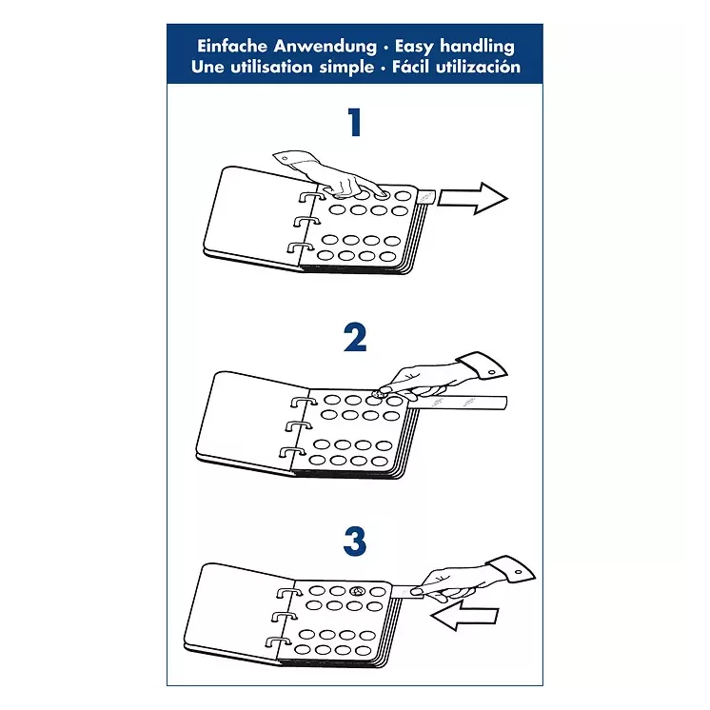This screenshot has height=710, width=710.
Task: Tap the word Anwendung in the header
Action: pos(325,47)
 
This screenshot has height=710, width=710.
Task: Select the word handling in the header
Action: pos(477,47)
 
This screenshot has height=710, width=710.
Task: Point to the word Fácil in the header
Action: pos(411,67)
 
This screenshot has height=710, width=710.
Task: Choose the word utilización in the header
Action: pos(478,67)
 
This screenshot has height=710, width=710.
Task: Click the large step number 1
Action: pos(355,122)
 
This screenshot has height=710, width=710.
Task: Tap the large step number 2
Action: pos(355,337)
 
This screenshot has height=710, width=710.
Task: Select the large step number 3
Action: pos(355,542)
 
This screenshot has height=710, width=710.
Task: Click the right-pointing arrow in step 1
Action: pos(472,198)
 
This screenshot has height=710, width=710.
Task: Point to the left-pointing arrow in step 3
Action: pos(464,615)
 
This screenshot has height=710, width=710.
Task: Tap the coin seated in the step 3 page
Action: pos(358,591)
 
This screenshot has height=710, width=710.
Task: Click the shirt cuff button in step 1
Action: pos(285,159)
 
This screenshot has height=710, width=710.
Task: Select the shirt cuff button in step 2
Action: pos(492,373)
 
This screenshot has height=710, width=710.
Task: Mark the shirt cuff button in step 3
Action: pos(519,573)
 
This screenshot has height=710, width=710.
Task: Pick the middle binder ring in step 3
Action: pos(285,617)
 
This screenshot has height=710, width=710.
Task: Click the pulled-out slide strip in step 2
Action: pos(458,403)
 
